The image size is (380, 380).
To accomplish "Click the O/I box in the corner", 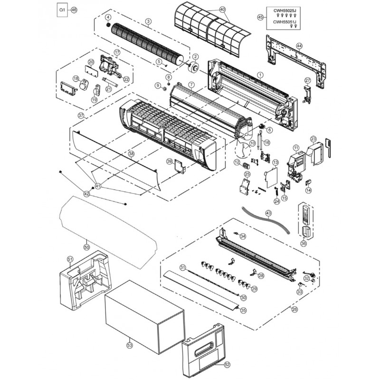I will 61,9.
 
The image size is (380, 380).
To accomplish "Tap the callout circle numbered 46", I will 73,9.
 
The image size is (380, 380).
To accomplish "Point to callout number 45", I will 260,17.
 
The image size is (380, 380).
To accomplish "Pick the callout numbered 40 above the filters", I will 223,9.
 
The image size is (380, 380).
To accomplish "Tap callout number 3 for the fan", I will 148,21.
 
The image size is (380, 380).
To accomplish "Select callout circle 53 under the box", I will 130,346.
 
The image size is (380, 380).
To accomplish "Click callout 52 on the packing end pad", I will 227,364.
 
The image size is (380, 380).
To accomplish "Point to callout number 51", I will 70,259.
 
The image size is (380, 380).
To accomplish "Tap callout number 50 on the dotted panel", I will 86,247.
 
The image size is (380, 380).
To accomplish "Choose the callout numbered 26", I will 294,309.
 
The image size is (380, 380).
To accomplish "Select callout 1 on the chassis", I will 260,75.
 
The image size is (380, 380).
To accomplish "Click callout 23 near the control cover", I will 313,139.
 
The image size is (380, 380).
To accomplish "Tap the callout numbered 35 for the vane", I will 244,310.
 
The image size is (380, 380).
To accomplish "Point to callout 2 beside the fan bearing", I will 195,57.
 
